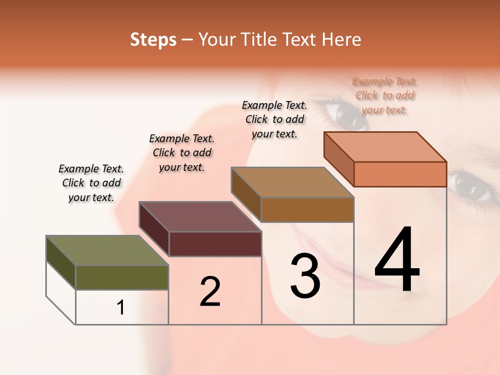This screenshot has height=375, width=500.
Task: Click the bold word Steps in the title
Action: point(153,40)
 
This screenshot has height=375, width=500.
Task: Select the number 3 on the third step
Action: point(305,276)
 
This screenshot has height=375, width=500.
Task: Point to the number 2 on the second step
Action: point(210,292)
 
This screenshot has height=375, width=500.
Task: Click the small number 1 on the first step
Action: point(121,308)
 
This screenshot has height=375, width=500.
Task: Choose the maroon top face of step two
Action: point(200,217)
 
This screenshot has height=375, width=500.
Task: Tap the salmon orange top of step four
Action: point(385,147)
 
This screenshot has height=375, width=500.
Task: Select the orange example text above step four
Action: point(385,95)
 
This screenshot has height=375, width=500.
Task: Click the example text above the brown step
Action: point(274,119)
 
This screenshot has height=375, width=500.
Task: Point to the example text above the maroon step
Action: point(182,153)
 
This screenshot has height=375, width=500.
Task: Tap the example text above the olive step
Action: point(91,183)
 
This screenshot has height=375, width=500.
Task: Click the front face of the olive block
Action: point(122,277)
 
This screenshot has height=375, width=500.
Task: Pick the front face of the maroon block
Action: point(215,244)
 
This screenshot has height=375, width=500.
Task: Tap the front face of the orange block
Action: point(400,174)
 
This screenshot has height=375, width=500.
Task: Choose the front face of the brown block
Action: point(307,209)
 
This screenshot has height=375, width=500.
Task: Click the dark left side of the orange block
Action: point(339,159)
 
